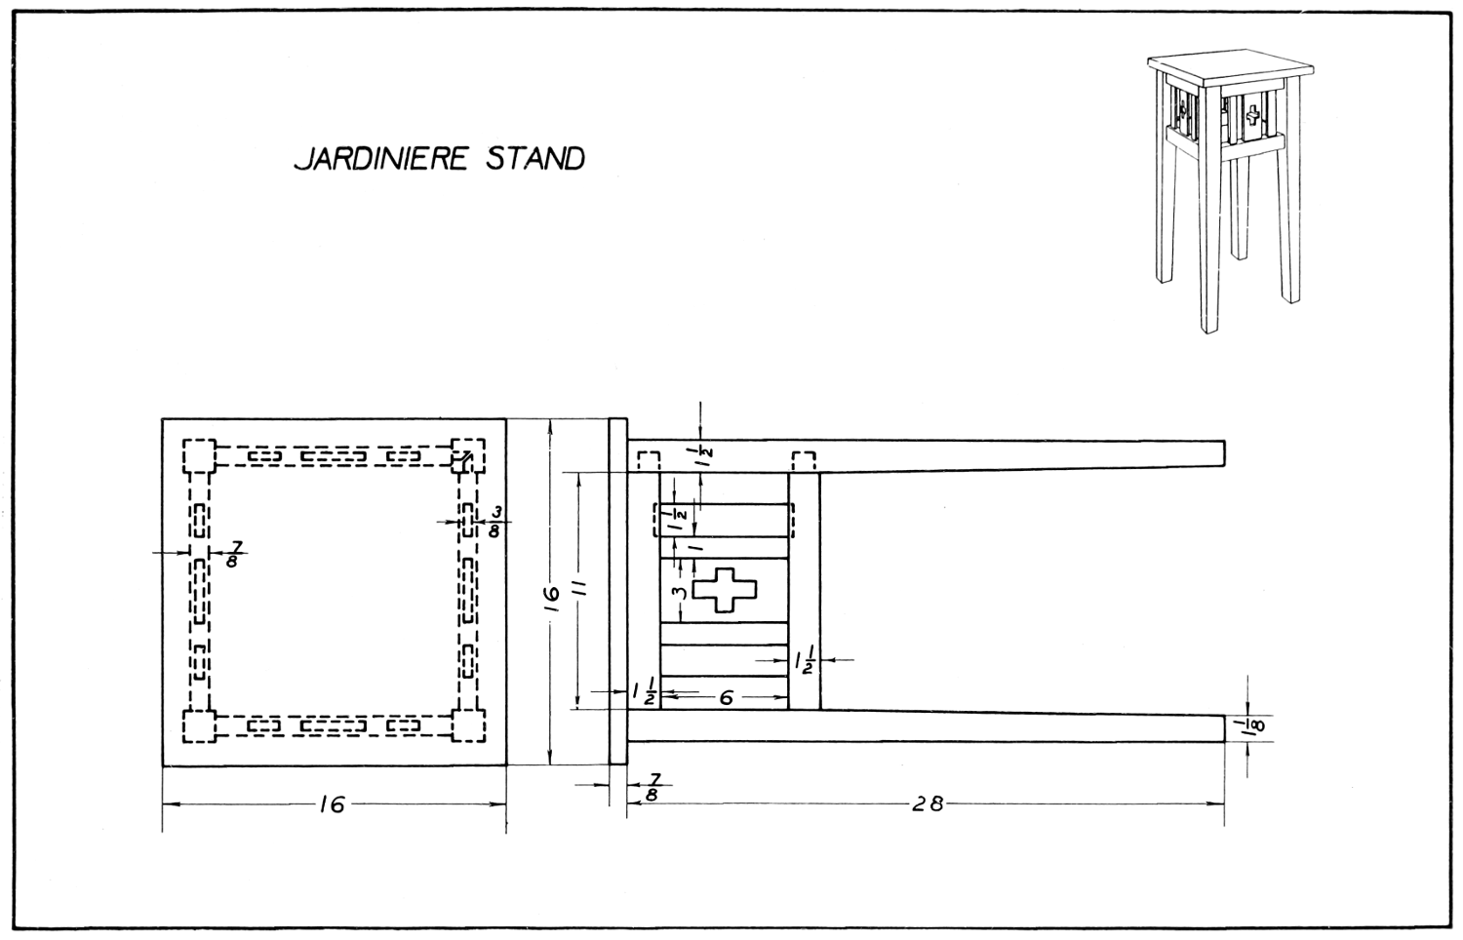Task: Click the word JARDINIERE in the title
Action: pyautogui.click(x=380, y=159)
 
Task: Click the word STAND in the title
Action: pyautogui.click(x=534, y=159)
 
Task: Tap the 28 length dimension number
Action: pyautogui.click(x=928, y=803)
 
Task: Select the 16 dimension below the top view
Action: pyautogui.click(x=333, y=804)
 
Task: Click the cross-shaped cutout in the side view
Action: pyautogui.click(x=725, y=590)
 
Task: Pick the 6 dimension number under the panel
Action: pyautogui.click(x=726, y=698)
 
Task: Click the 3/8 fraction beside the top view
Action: pyautogui.click(x=494, y=522)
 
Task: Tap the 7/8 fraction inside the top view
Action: pyautogui.click(x=233, y=554)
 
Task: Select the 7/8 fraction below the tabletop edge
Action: pyautogui.click(x=653, y=787)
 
